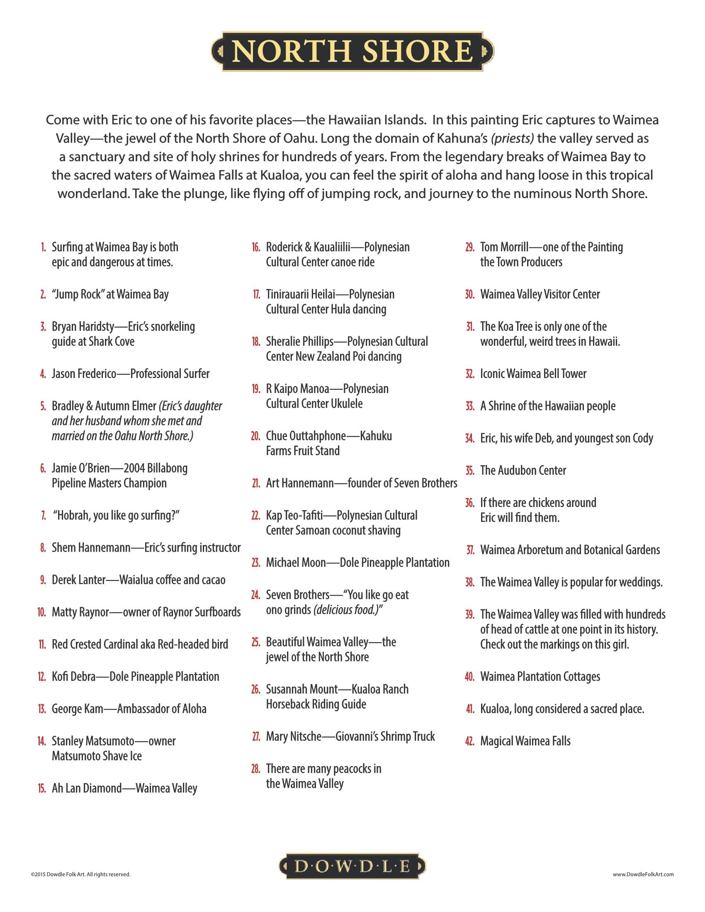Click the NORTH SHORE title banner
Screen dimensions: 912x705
pos(352,51)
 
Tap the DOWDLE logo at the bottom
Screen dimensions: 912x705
pos(352,866)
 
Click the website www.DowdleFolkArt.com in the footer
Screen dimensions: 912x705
pos(643,874)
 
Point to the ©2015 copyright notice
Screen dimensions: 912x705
pos(80,874)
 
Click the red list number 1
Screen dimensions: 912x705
pos(43,247)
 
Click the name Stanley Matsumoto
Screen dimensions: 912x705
pos(93,741)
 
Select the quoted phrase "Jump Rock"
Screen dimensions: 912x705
pos(77,294)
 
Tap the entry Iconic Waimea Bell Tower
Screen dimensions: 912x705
pos(533,374)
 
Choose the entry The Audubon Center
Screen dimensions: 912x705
pos(523,470)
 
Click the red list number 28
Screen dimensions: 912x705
pos(255,769)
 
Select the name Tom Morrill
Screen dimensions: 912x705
pos(505,247)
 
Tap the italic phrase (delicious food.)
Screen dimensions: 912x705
pos(348,610)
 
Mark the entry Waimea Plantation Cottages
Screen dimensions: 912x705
pos(540,677)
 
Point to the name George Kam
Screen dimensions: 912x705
pos(77,709)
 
